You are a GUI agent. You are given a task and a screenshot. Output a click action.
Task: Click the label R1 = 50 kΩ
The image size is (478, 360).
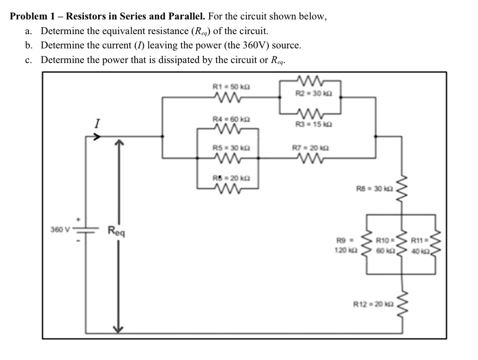pyautogui.click(x=226, y=87)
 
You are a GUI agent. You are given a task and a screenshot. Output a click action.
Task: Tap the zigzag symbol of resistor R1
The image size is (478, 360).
pyautogui.click(x=227, y=97)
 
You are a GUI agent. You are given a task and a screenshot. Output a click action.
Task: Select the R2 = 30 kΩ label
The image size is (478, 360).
pyautogui.click(x=309, y=93)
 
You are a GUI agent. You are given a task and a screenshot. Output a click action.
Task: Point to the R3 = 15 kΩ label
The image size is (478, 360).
pyautogui.click(x=309, y=124)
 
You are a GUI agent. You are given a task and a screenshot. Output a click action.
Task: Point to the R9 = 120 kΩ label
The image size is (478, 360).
pyautogui.click(x=347, y=244)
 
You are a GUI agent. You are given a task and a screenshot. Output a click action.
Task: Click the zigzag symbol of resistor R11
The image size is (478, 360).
pyautogui.click(x=435, y=243)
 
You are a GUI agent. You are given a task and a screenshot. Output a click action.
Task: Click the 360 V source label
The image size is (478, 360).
pyautogui.click(x=60, y=229)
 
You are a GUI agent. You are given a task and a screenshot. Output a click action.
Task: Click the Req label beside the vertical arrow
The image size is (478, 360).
pyautogui.click(x=117, y=230)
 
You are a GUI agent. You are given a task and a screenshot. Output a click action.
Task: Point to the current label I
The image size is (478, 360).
pyautogui.click(x=97, y=124)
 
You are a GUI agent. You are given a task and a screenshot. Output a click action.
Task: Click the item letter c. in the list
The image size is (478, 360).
pyautogui.click(x=29, y=60)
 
